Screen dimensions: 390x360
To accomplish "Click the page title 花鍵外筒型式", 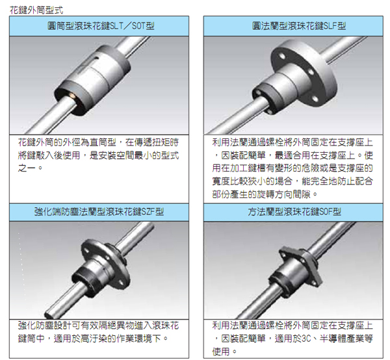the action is [x=36, y=10].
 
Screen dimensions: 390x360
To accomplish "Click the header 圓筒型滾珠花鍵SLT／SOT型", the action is [x=101, y=26].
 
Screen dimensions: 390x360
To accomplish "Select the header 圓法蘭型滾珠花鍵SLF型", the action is [x=299, y=26].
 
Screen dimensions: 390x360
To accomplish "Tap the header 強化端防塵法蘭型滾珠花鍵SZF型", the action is [x=99, y=212].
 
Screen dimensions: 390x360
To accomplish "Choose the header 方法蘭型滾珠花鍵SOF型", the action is [x=294, y=212].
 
